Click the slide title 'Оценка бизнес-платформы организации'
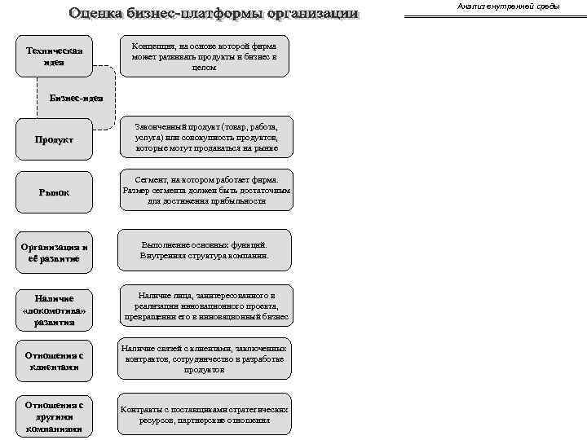click(x=213, y=14)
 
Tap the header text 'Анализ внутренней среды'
click(x=508, y=7)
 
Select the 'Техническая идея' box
click(x=54, y=56)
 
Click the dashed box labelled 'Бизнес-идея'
click(x=77, y=98)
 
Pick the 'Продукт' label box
click(x=54, y=139)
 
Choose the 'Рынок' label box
click(x=54, y=192)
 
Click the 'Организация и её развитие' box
click(x=54, y=252)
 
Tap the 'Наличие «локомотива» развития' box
click(x=54, y=310)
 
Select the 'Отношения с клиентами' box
click(x=54, y=361)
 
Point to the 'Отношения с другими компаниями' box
click(x=54, y=416)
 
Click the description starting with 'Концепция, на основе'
click(x=205, y=56)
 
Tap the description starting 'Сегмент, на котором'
click(x=206, y=190)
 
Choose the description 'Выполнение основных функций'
click(x=205, y=250)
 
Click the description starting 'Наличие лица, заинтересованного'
click(x=206, y=306)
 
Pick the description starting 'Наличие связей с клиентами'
click(x=205, y=359)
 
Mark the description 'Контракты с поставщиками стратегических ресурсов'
click(x=205, y=415)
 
